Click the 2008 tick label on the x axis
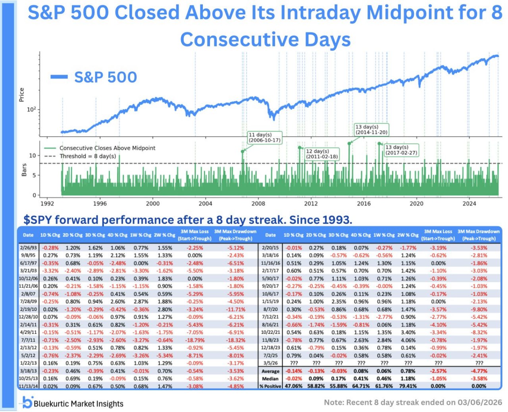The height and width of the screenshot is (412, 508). coord(258,203)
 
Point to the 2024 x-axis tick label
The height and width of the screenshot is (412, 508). coord(469,203)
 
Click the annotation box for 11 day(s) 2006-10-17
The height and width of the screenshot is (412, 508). coord(265,138)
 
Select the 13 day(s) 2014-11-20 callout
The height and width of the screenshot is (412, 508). coord(371,130)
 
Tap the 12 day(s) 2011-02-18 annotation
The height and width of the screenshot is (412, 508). coord(321,154)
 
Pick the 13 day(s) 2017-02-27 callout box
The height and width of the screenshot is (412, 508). coord(401,150)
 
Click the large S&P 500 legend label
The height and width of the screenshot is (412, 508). coord(105,77)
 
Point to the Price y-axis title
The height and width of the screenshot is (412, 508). coord(22,95)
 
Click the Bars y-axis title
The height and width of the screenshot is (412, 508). coord(24,170)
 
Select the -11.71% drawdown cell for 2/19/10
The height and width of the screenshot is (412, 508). coord(236,309)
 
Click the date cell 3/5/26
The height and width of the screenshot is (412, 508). coord(270,363)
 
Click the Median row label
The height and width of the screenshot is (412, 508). coord(270,379)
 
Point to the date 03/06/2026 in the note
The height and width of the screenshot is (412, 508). coord(480,402)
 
